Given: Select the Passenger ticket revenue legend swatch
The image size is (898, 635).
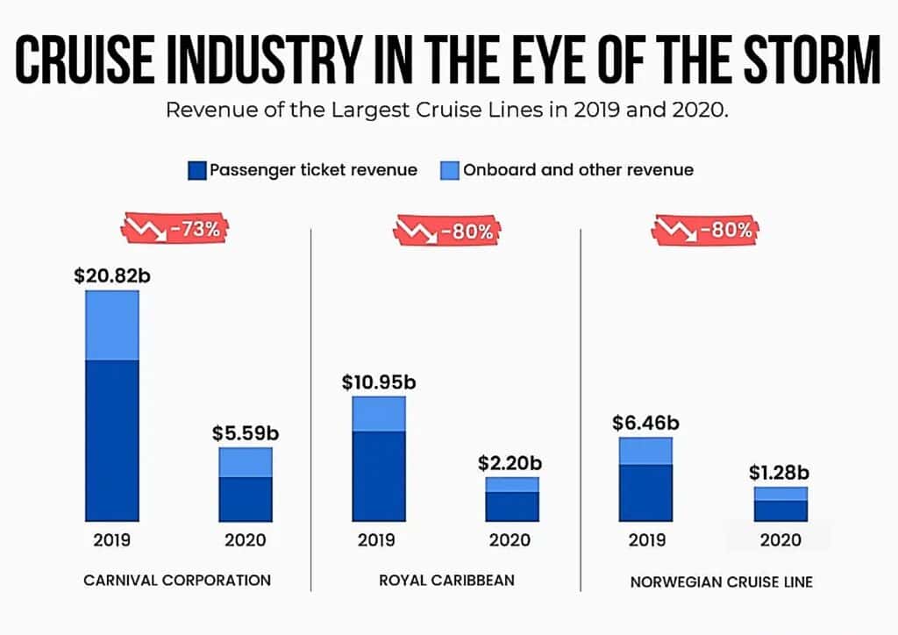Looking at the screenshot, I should pos(196,170).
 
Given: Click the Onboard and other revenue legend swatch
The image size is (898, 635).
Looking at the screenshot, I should pos(449,170).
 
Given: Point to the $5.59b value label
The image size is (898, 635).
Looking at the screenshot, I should pos(246,433).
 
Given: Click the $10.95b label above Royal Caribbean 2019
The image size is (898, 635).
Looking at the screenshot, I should pos(378,382).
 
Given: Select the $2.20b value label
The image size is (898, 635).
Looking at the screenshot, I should pos(511,462).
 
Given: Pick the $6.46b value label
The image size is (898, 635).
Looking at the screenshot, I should pos(645,423).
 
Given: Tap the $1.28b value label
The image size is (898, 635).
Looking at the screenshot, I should pos(780,472).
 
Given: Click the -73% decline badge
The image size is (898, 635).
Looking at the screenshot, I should pos(175,230).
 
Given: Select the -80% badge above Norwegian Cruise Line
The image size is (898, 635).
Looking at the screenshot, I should pos(704,231).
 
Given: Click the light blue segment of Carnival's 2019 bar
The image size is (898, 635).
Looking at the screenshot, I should pos(111,325).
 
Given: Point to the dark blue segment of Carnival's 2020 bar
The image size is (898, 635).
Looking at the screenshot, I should pos(246,499).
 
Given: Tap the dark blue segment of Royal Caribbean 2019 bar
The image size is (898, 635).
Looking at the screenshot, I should pos(378,475).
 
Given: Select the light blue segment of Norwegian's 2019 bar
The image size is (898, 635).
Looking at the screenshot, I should pos(645,451).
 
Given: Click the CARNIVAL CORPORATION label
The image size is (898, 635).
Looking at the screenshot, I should pos(177,580).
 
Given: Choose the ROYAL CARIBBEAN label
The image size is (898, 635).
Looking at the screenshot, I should pos(446,580).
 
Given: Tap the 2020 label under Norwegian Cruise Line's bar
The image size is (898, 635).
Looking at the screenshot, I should pos(780,539).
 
